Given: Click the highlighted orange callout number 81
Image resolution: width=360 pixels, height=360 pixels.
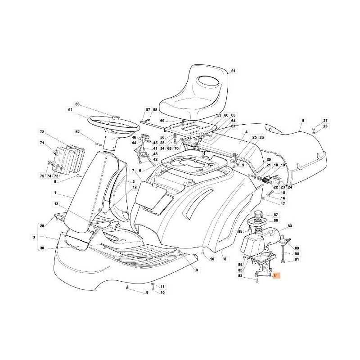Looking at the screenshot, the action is (x=275, y=275).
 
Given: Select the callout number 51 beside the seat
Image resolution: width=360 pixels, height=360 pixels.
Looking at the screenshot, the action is (x=233, y=71).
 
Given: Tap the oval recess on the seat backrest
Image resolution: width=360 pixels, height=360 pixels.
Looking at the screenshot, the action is (x=207, y=81).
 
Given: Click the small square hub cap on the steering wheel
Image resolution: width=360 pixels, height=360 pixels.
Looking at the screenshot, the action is (x=116, y=117).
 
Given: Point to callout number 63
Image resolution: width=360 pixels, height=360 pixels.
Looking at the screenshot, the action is (x=77, y=104).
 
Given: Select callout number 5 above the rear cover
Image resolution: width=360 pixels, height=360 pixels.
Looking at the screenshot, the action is (x=303, y=121).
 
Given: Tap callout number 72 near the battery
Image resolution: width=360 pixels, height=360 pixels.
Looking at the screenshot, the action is (x=42, y=132).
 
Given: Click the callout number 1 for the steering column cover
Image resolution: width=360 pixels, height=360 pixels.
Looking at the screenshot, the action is (x=55, y=193).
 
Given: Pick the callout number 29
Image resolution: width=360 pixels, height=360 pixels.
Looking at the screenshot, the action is (x=42, y=226).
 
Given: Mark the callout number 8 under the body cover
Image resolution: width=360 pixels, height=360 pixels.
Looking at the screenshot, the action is (x=225, y=259).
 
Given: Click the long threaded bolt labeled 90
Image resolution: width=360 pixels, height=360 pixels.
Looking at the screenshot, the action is (x=283, y=253).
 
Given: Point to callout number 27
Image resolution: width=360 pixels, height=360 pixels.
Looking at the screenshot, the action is (x=325, y=121).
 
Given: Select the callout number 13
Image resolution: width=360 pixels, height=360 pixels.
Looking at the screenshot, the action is (x=56, y=204).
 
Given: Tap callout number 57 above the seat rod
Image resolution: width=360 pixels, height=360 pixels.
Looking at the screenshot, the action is (x=148, y=110).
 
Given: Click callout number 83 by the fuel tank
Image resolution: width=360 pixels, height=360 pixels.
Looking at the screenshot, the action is (x=290, y=226).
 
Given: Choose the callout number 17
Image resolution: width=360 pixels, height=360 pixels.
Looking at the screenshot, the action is (x=283, y=204).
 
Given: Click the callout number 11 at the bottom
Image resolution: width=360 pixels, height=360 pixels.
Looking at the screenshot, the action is (x=162, y=287).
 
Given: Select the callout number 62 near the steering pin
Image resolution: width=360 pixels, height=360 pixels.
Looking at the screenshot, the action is (x=77, y=132).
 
